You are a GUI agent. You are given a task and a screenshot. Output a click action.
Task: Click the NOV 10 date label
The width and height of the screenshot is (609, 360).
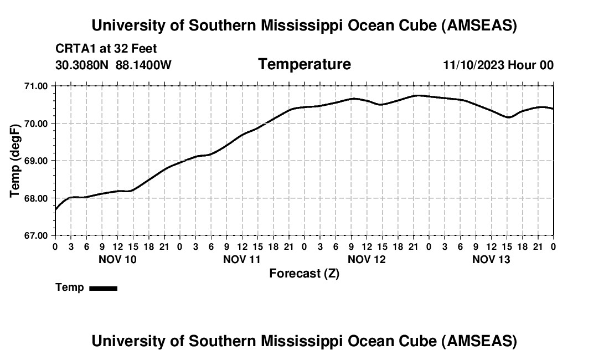point(117,259)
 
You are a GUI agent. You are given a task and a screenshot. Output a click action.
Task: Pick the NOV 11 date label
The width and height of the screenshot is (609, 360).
point(242,259)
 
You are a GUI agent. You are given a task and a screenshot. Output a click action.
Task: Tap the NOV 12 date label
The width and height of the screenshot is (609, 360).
point(367,259)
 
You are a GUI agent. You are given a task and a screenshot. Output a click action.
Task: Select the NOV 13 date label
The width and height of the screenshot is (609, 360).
point(491,259)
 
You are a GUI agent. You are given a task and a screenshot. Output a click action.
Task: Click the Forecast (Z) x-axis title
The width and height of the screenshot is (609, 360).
point(304,274)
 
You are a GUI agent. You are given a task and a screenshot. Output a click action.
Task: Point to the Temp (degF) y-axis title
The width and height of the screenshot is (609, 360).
point(15,161)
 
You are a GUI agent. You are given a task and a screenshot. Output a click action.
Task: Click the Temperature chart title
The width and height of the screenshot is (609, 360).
point(304,64)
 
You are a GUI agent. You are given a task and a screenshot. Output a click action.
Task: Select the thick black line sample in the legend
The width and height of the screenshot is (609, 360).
point(103,288)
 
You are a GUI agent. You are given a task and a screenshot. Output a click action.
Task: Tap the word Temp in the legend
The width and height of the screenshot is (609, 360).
point(70,288)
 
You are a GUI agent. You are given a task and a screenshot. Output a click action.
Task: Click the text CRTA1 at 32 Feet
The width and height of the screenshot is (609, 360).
point(106,49)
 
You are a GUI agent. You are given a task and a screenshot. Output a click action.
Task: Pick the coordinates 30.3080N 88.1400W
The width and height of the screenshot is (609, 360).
point(113,65)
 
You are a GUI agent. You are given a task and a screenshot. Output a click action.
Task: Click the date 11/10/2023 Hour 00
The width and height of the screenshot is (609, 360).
point(498,65)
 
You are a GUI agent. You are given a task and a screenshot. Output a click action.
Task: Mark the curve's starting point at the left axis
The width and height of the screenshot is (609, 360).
point(55,209)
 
